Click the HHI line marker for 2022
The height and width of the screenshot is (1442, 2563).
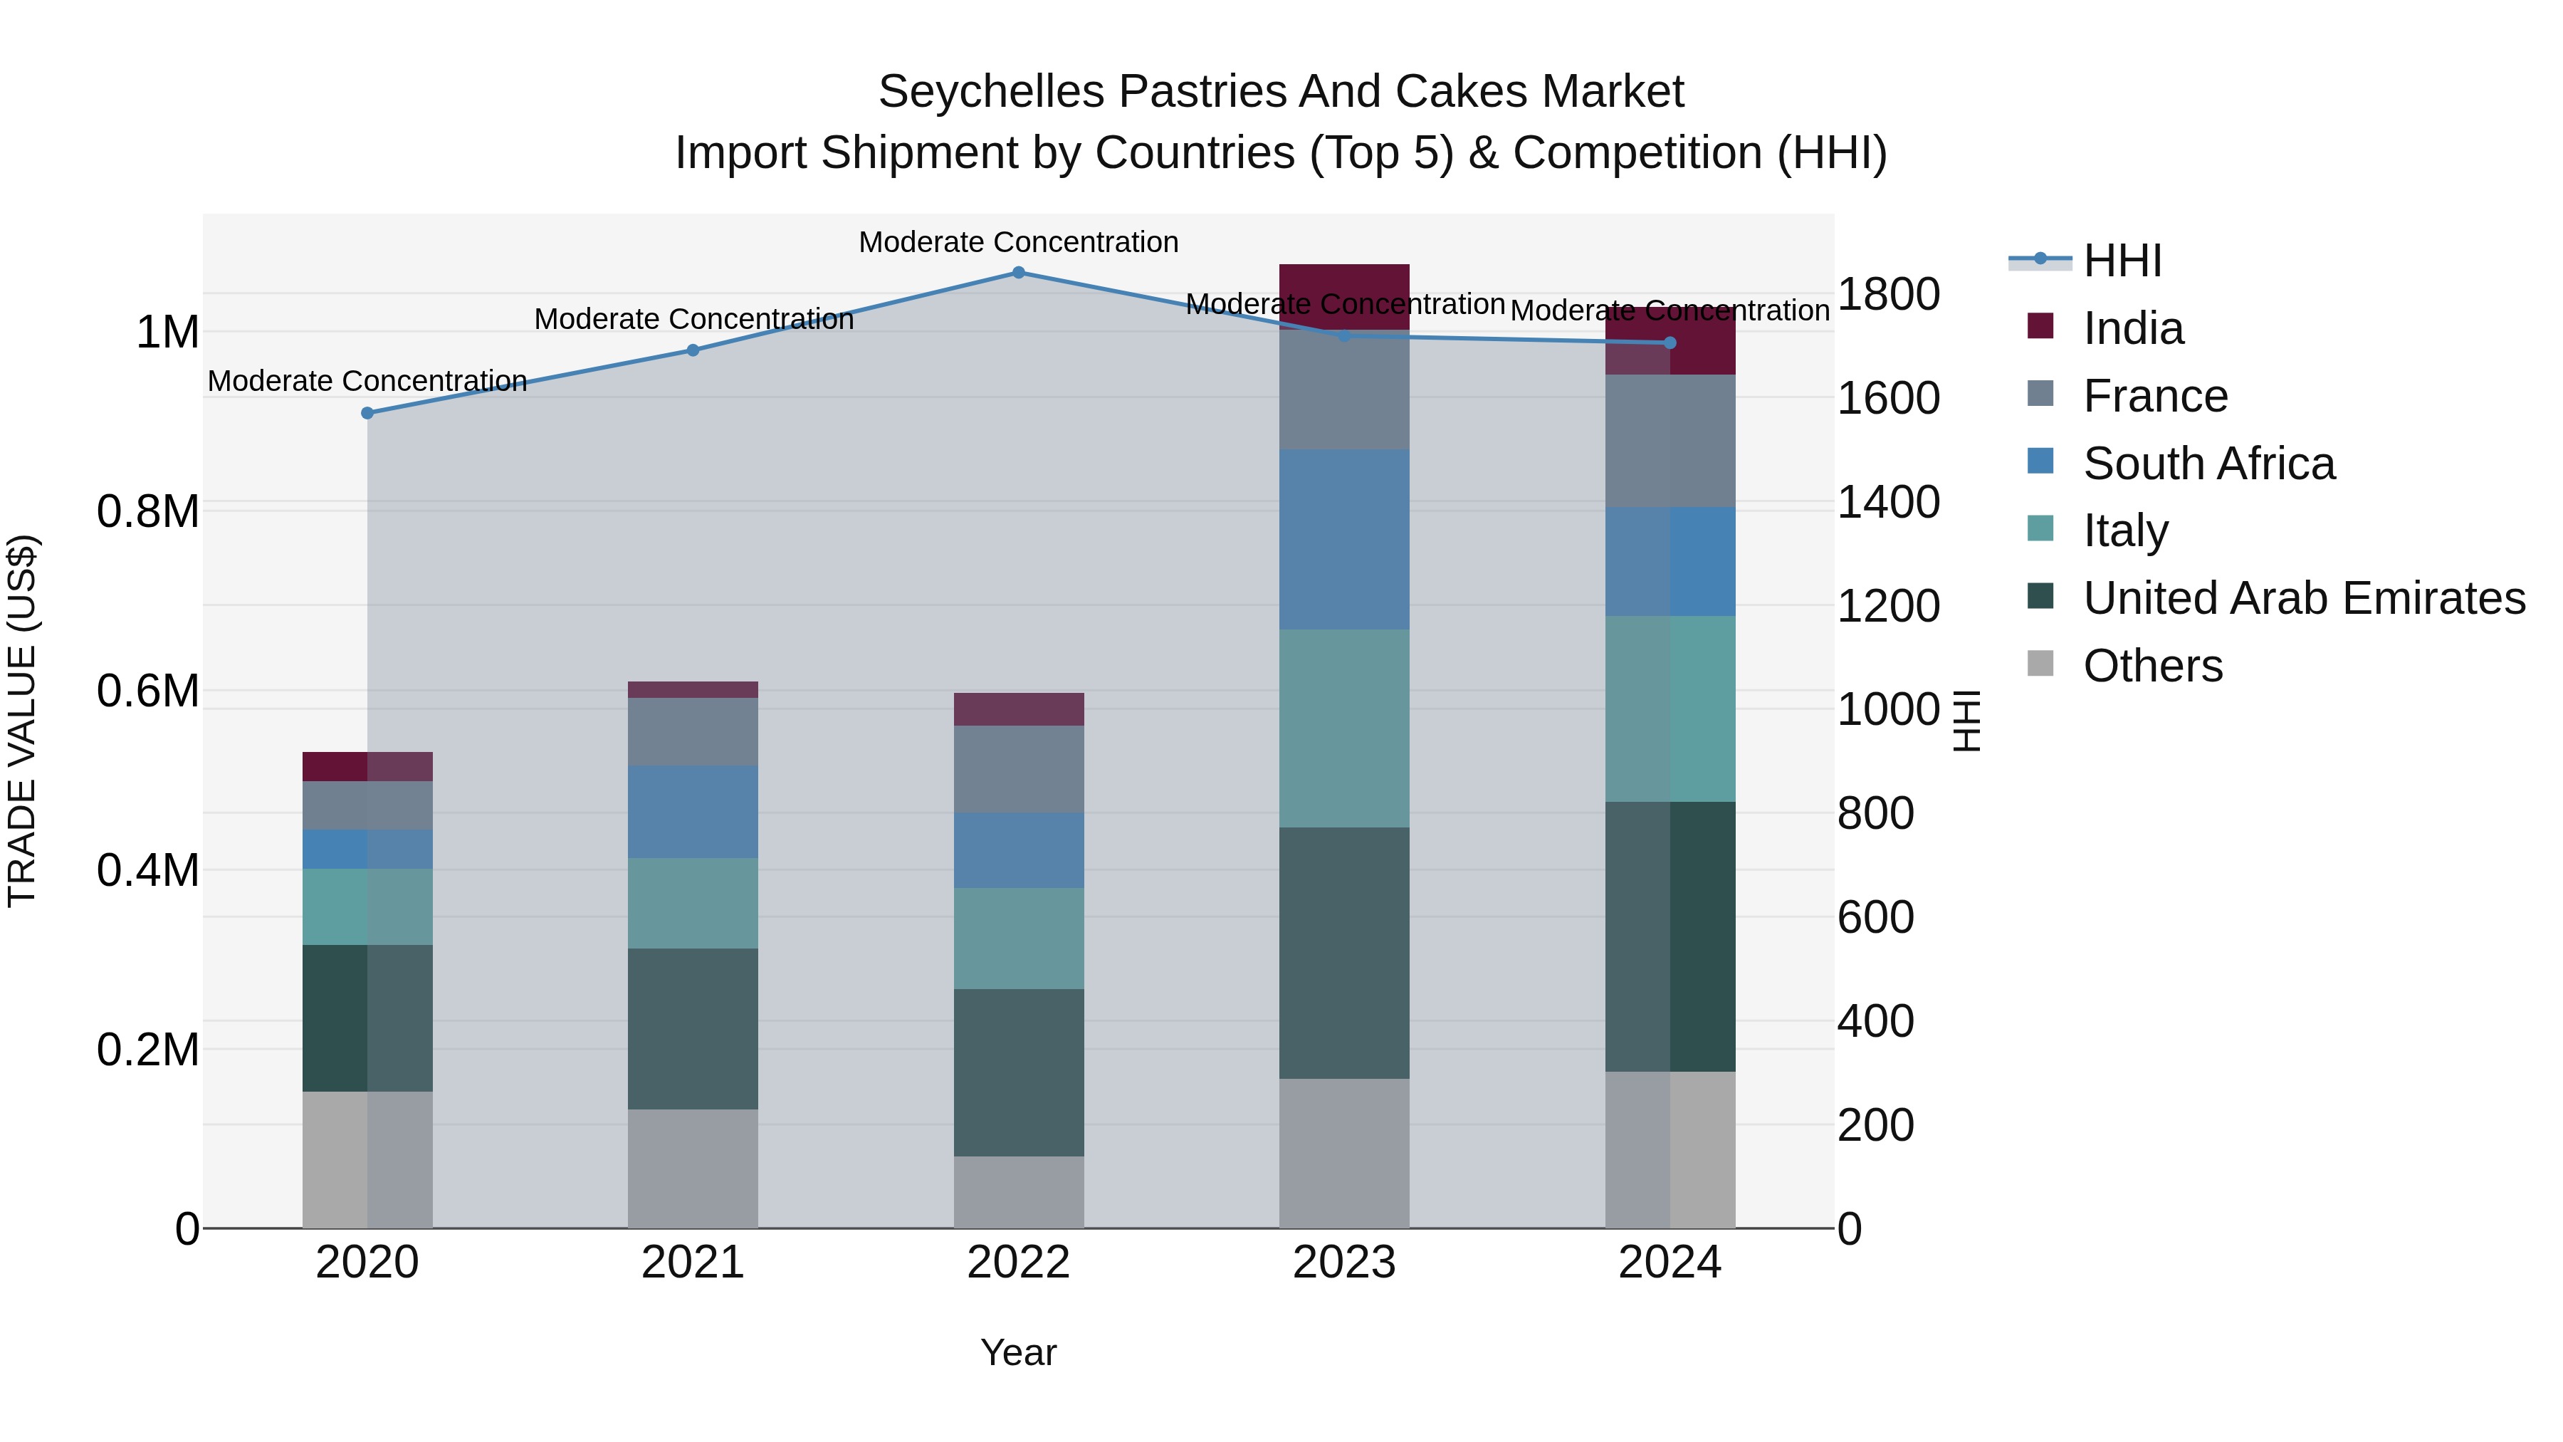coord(1018,273)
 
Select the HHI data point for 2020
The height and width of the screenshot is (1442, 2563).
coord(367,413)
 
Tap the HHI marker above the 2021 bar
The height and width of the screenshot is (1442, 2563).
coord(693,350)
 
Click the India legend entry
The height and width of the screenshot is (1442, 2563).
coord(2132,328)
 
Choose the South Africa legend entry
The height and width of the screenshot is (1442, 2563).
coord(2208,464)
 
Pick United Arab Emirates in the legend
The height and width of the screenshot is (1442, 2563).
coord(2303,598)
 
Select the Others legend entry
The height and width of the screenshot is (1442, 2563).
coord(2152,666)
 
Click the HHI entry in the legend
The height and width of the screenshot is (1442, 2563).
coord(2122,261)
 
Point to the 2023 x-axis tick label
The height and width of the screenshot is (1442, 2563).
coord(1343,1263)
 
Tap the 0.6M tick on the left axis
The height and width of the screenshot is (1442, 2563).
coord(148,691)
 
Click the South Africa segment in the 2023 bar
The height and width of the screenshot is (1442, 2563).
coord(1343,538)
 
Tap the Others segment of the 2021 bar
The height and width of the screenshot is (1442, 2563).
coord(693,1169)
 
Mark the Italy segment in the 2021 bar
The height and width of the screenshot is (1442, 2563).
coord(693,903)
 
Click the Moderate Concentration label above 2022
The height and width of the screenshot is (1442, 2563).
coord(1018,242)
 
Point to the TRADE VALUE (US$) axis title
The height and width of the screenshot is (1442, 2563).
coord(22,721)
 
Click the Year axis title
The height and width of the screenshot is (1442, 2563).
coord(1018,1352)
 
